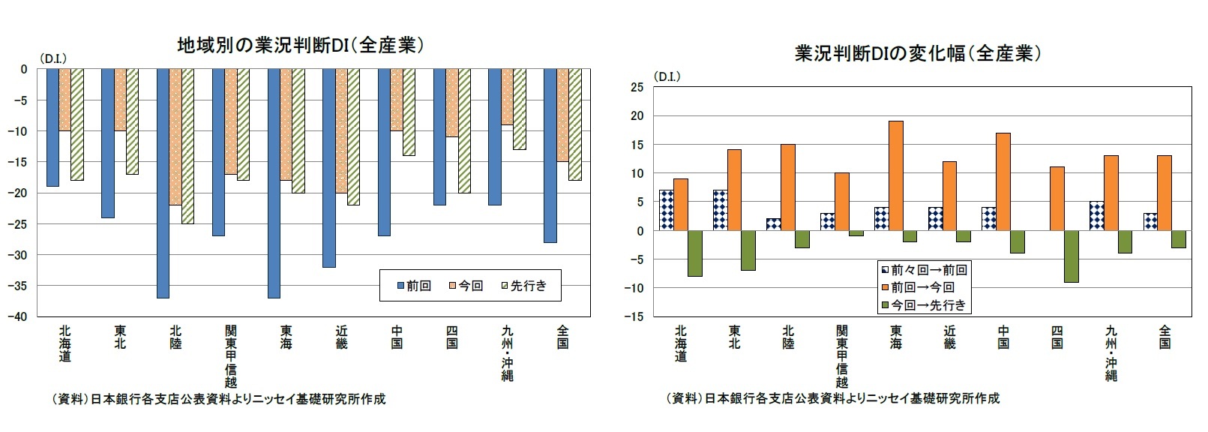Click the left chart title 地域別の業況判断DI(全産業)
click(x=301, y=45)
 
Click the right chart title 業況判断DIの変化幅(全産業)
click(x=918, y=53)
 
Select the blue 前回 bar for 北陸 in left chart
click(x=163, y=183)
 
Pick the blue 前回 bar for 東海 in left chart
click(x=274, y=183)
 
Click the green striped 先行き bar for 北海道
click(x=76, y=124)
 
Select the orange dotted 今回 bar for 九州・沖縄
click(x=508, y=97)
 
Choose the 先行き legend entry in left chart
click(x=524, y=286)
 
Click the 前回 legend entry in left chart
click(x=415, y=286)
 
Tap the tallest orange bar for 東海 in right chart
click(x=895, y=175)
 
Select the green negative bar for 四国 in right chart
click(x=1071, y=256)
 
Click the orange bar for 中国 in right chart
click(x=1003, y=181)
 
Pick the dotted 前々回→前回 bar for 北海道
click(x=666, y=210)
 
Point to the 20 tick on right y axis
click(x=637, y=116)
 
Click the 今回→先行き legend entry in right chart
click(x=924, y=305)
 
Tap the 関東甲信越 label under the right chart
click(x=842, y=356)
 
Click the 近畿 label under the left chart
click(x=341, y=337)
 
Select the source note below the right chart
click(x=832, y=398)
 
